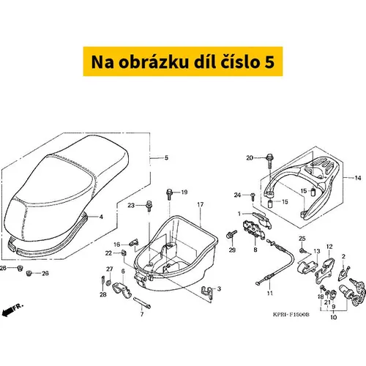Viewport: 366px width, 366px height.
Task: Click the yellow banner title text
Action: (x=183, y=61)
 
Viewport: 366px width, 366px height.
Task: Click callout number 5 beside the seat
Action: (x=166, y=157)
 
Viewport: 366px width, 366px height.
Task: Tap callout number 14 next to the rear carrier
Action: (x=358, y=178)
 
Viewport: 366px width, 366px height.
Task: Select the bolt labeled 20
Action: (x=270, y=160)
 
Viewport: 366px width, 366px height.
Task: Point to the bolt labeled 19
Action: (x=169, y=194)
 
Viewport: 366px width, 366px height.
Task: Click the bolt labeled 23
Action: (x=149, y=206)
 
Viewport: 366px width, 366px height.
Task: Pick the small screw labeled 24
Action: (x=253, y=196)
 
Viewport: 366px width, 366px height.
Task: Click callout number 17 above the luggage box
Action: (x=201, y=204)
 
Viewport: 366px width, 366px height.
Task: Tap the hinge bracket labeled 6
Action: (x=122, y=289)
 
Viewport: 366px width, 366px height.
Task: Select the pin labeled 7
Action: (x=142, y=302)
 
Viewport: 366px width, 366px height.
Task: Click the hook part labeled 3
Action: (x=208, y=291)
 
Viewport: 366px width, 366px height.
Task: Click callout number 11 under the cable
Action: (x=269, y=293)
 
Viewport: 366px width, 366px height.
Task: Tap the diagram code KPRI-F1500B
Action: (x=291, y=315)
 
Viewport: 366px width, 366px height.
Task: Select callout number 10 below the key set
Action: (x=334, y=317)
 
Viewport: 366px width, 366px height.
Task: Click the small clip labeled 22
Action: (x=124, y=253)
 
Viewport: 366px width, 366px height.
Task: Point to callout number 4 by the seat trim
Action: (x=101, y=217)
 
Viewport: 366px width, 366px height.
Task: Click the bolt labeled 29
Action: (x=231, y=234)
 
